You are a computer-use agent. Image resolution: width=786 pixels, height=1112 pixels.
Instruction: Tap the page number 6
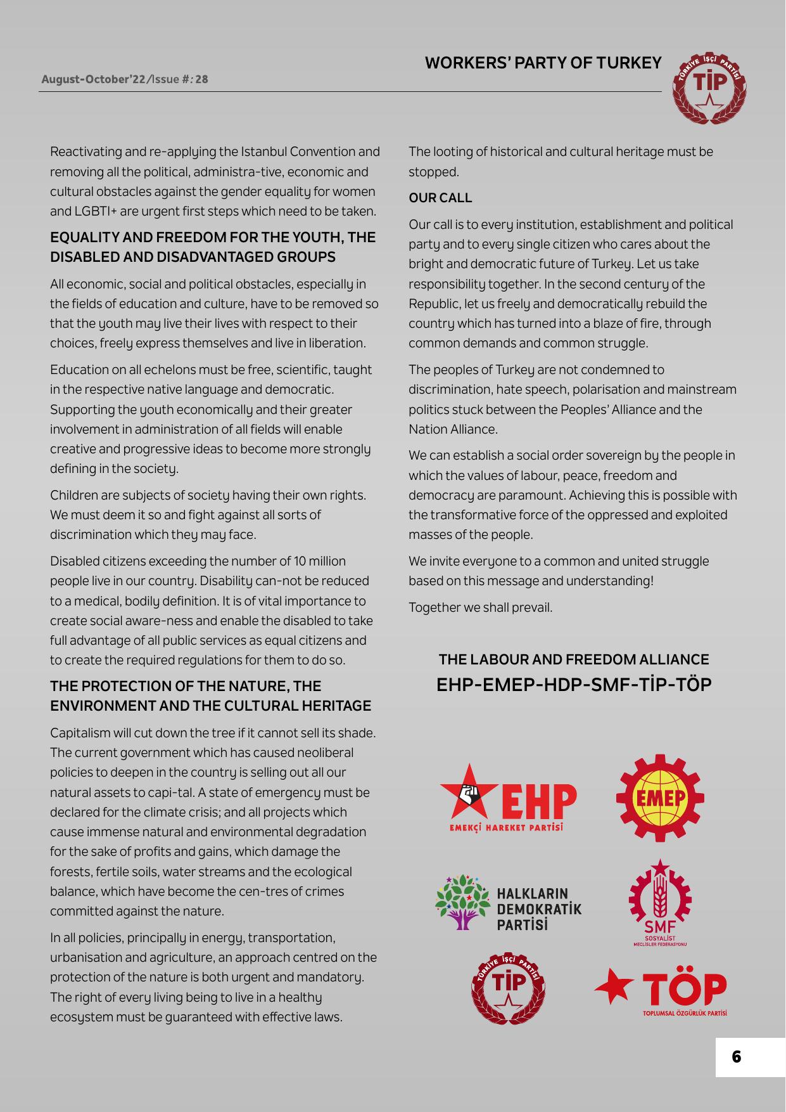pyautogui.click(x=736, y=1057)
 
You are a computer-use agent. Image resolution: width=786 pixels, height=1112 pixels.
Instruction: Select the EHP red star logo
pyautogui.click(x=469, y=791)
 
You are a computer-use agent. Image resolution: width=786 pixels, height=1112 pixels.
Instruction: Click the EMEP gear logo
pyautogui.click(x=659, y=798)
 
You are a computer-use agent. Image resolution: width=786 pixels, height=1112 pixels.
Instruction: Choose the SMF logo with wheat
pyautogui.click(x=659, y=897)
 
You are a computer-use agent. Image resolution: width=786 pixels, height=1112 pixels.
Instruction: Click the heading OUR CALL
pyautogui.click(x=440, y=198)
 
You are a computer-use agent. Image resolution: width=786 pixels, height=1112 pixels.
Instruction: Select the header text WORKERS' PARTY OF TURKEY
pyautogui.click(x=543, y=63)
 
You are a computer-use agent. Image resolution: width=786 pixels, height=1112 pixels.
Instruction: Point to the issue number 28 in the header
pyautogui.click(x=201, y=80)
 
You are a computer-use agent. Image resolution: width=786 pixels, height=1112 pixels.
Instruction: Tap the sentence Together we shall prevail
pyautogui.click(x=480, y=607)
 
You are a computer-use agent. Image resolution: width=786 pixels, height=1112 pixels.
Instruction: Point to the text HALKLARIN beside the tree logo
pyautogui.click(x=533, y=895)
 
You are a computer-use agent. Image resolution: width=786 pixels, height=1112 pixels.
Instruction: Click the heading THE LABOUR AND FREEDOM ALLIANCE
pyautogui.click(x=574, y=660)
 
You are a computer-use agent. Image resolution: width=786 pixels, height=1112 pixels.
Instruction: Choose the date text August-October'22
pyautogui.click(x=93, y=80)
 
